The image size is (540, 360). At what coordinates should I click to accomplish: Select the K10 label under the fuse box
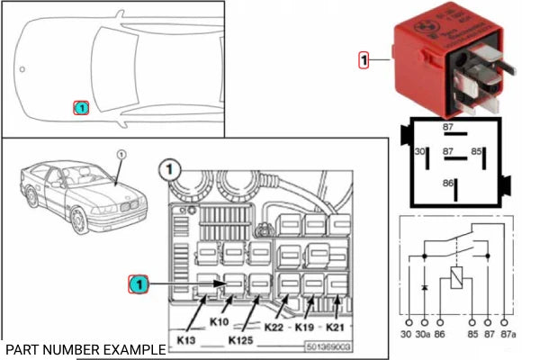click(218, 320)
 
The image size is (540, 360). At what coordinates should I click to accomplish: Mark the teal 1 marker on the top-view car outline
click(80, 108)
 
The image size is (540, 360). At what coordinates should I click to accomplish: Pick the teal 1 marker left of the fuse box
click(137, 285)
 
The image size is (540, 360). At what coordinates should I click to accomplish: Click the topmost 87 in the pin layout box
click(447, 128)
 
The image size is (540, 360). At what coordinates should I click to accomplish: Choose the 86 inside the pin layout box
click(447, 183)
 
